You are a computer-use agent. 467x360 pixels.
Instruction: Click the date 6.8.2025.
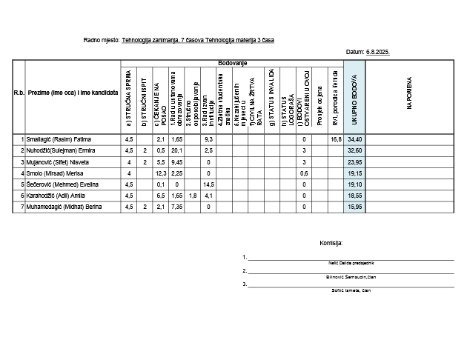click(x=378, y=53)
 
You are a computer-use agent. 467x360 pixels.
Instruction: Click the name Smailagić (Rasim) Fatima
click(x=60, y=139)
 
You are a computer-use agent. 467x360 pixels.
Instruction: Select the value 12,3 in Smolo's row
click(x=161, y=173)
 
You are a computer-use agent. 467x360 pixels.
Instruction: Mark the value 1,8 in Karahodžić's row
click(x=193, y=196)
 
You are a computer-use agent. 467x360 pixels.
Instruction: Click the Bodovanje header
click(x=232, y=64)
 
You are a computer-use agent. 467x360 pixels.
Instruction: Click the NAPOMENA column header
click(x=408, y=96)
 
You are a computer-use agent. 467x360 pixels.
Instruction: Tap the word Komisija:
click(x=331, y=242)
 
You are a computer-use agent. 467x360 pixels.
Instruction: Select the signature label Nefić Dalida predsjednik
click(x=351, y=263)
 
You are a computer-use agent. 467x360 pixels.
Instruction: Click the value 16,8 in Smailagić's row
click(x=336, y=139)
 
